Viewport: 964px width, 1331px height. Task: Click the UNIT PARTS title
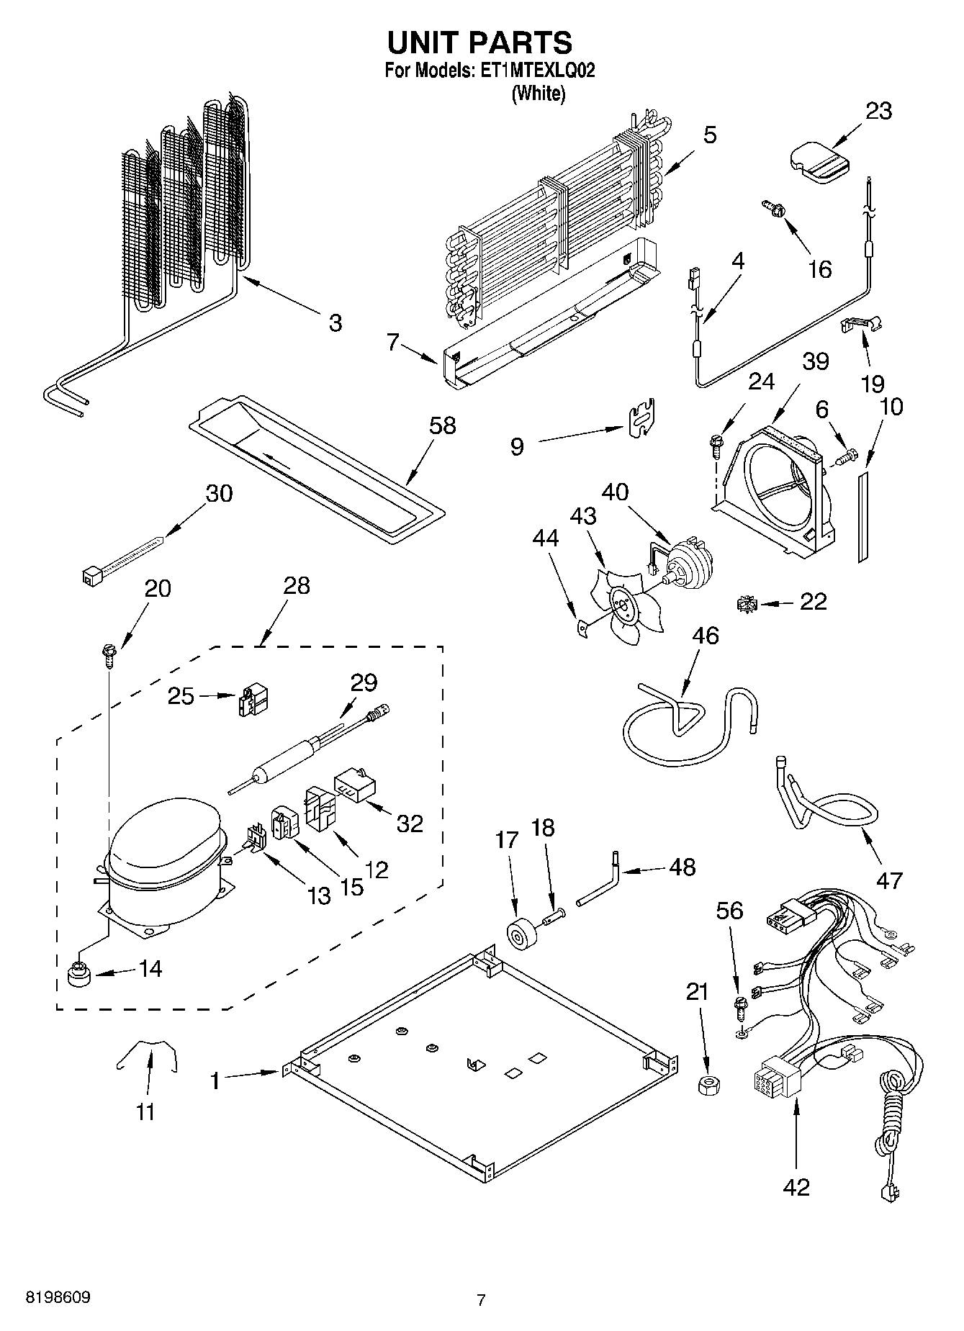pyautogui.click(x=480, y=43)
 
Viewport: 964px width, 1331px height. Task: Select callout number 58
pyautogui.click(x=442, y=425)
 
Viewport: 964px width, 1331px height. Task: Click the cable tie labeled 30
pyautogui.click(x=122, y=559)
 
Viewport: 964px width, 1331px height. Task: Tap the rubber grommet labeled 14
pyautogui.click(x=77, y=975)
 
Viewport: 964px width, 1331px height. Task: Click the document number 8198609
pyautogui.click(x=58, y=1298)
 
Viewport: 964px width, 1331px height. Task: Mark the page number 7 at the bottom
pyautogui.click(x=482, y=1300)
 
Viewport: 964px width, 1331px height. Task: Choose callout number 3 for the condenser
pyautogui.click(x=335, y=323)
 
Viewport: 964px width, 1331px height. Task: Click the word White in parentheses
pyautogui.click(x=538, y=94)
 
